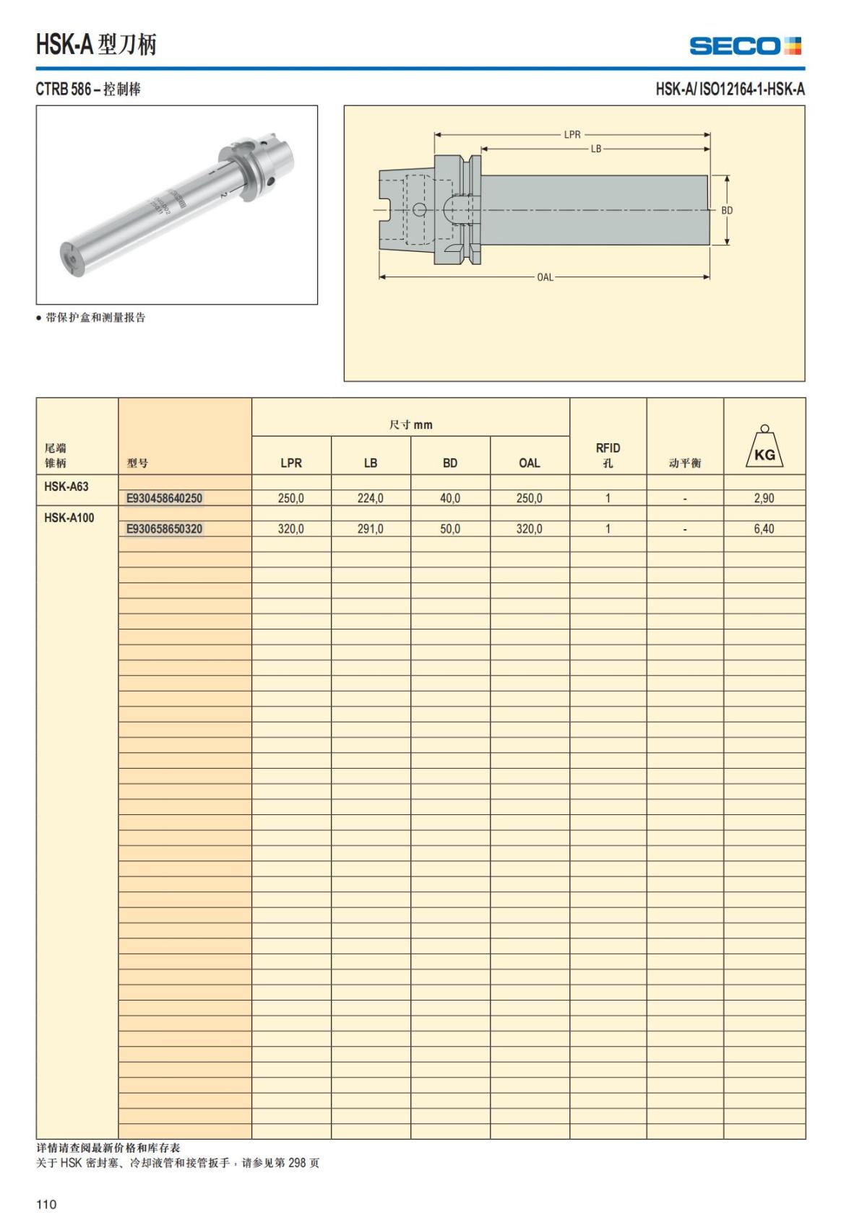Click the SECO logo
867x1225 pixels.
pos(745,46)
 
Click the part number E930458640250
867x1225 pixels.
pos(164,498)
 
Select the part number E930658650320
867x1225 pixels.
pos(164,529)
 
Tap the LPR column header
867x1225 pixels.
pos(291,463)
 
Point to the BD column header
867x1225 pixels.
pos(450,463)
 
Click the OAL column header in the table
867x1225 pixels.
pos(529,463)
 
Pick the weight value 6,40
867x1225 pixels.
pos(764,529)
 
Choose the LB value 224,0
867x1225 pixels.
pos(371,498)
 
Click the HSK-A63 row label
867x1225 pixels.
pos(66,487)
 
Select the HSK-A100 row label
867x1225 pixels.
pos(69,518)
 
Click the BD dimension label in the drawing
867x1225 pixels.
pos(727,211)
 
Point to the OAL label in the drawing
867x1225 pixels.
pos(545,277)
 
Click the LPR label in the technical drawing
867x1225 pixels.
pos(572,135)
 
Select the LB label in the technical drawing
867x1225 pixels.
pos(596,149)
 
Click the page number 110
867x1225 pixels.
pos(46,1204)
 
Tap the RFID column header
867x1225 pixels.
pos(608,455)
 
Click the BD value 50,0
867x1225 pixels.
pos(450,529)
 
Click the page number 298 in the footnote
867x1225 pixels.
pos(298,1163)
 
